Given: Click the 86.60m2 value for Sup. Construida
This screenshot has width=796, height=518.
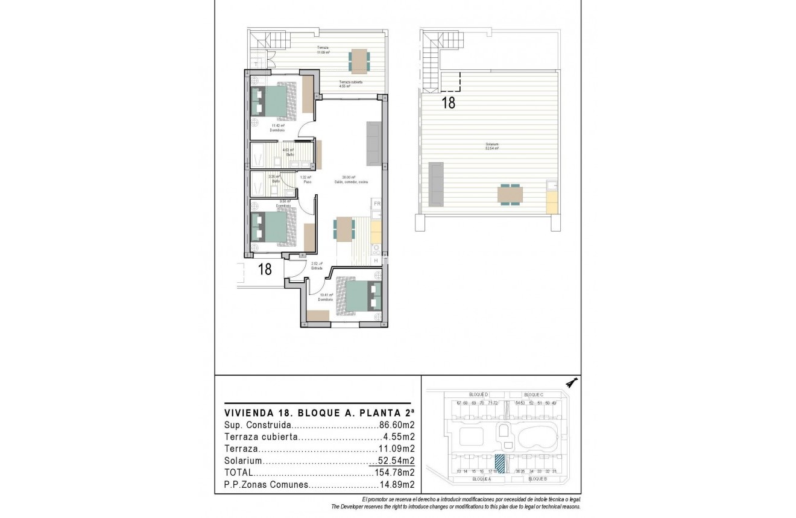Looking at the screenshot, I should (x=396, y=425).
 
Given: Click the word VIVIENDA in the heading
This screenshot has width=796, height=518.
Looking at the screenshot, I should (x=244, y=413).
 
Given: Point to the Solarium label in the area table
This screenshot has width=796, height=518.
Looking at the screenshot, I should (x=243, y=461).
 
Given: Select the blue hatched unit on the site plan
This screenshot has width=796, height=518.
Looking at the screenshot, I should (x=500, y=463).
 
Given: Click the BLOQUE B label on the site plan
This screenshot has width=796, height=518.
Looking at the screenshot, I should (x=537, y=479).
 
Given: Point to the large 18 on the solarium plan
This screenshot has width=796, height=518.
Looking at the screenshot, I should (x=448, y=103).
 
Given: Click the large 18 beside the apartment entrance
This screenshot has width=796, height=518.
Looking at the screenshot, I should (x=265, y=269).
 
